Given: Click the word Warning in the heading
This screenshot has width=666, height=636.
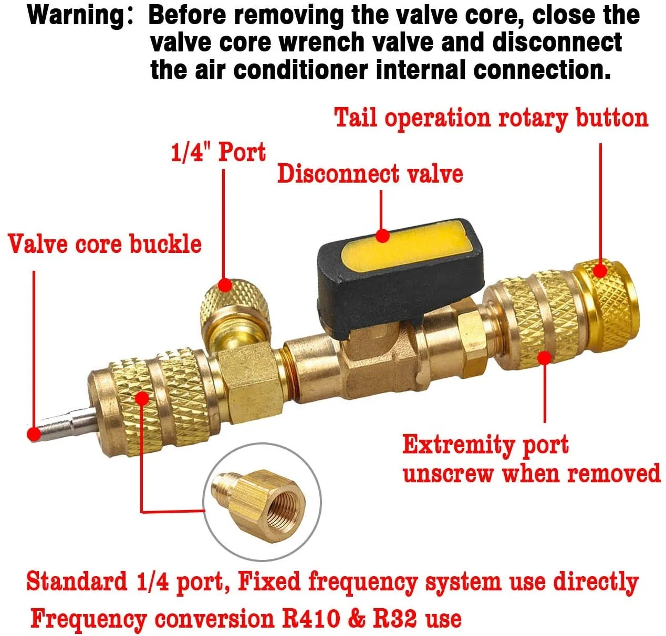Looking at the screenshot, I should click(75, 16).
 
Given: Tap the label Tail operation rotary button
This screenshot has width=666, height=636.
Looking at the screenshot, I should click(491, 118).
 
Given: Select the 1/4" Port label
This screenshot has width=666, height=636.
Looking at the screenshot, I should click(218, 152).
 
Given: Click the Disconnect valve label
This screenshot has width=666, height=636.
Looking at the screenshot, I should click(370, 174).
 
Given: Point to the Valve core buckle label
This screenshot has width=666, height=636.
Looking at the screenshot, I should click(105, 244).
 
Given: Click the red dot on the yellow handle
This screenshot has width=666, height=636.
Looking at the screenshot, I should click(383, 236).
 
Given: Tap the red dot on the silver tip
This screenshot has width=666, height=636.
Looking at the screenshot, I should click(34, 434).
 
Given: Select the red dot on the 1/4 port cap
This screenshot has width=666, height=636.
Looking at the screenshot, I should click(225, 285).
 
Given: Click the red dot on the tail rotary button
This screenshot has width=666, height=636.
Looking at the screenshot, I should click(600, 271).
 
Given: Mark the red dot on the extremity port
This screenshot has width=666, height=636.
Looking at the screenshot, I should click(545, 358).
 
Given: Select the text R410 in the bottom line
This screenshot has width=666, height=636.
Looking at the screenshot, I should click(311, 618).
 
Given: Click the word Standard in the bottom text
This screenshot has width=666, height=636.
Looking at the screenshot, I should click(77, 581).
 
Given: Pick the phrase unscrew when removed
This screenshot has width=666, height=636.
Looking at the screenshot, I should click(531, 473).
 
